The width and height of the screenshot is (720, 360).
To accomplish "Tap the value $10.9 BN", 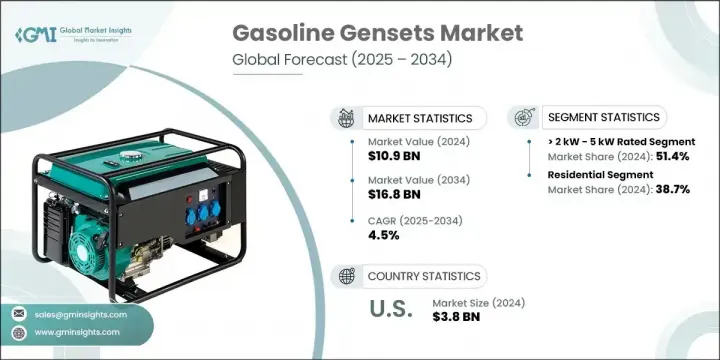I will pos(395,157).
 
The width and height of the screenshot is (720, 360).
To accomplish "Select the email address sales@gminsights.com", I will pos(76,313).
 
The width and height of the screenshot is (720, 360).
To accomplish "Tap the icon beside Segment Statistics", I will pos(524,118).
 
